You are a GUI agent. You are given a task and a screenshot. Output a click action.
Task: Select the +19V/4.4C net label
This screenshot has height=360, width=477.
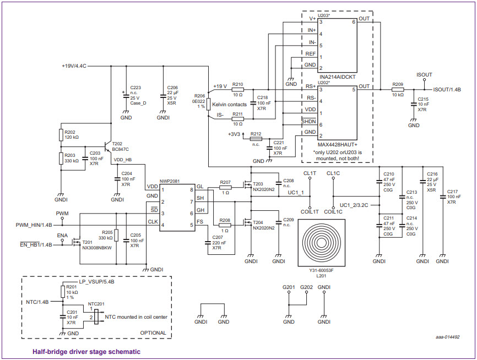[74, 66]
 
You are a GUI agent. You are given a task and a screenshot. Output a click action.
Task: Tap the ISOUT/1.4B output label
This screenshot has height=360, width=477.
[447, 89]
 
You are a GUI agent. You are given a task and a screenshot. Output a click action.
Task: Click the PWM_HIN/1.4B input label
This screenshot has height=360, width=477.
[34, 225]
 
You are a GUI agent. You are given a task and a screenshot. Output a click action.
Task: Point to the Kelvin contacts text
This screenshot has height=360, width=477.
[230, 104]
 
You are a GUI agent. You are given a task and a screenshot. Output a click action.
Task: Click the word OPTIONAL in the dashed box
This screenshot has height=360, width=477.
[153, 333]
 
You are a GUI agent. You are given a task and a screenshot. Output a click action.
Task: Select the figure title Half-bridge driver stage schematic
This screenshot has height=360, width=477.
[86, 351]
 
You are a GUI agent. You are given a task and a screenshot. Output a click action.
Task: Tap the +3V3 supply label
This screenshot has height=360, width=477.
[234, 134]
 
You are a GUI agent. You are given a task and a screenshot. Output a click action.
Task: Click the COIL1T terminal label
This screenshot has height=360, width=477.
[310, 211]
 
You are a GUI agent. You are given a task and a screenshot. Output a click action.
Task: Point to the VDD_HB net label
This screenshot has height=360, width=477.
[122, 160]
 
